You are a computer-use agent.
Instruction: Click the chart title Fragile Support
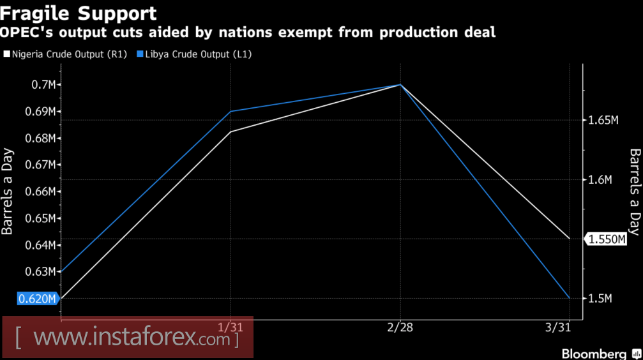[x=79, y=12]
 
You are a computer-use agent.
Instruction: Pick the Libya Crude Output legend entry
[x=198, y=54]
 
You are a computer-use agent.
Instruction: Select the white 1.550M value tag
[x=607, y=239]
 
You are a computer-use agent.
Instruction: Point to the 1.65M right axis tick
[x=603, y=120]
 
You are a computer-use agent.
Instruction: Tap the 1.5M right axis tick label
[x=600, y=299]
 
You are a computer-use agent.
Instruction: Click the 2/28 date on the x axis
[x=400, y=326]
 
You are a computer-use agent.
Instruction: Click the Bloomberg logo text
[x=593, y=353]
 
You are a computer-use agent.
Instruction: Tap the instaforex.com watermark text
[x=127, y=337]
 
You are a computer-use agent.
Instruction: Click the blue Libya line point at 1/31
[x=231, y=111]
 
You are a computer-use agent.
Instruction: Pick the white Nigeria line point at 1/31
[x=231, y=131]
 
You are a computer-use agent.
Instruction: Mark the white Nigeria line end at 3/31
[x=569, y=239]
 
